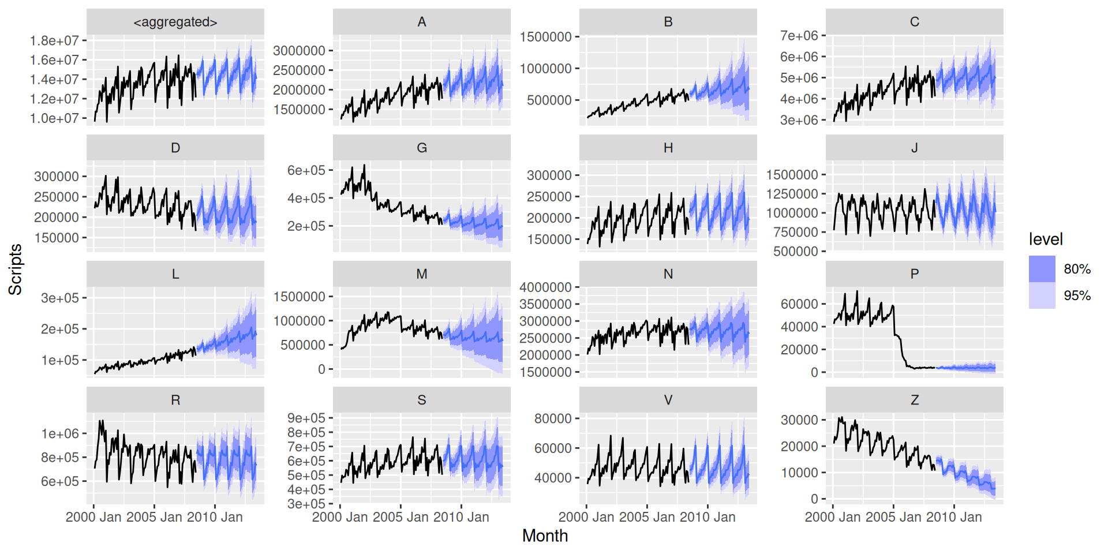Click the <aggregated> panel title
coord(175,22)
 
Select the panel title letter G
coord(422,148)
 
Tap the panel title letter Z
coord(915,400)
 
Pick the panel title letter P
coord(915,274)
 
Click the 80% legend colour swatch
coord(1042,269)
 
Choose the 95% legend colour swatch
coord(1042,295)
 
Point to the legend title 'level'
coord(1045,239)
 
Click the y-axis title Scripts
coord(15,269)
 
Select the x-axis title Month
coord(545,536)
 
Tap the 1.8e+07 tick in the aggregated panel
coord(54,40)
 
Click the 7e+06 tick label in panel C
coord(799,36)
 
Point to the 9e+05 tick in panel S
coord(306,418)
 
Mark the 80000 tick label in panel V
coord(553,418)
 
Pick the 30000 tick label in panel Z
coord(799,420)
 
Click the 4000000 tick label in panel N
coord(545,287)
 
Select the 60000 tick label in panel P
coord(799,304)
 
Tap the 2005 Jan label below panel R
coord(154,517)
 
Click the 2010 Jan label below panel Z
coord(954,517)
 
